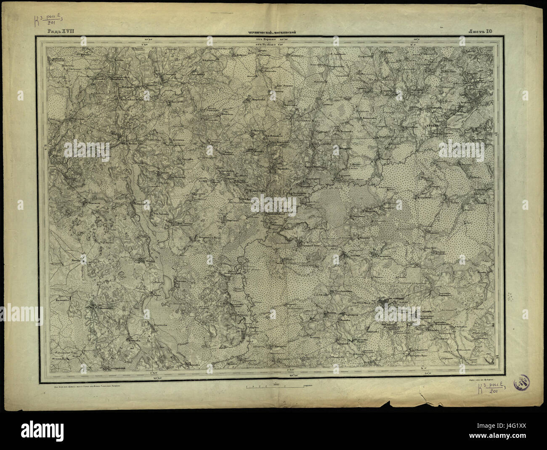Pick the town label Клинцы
[x=391, y=301]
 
